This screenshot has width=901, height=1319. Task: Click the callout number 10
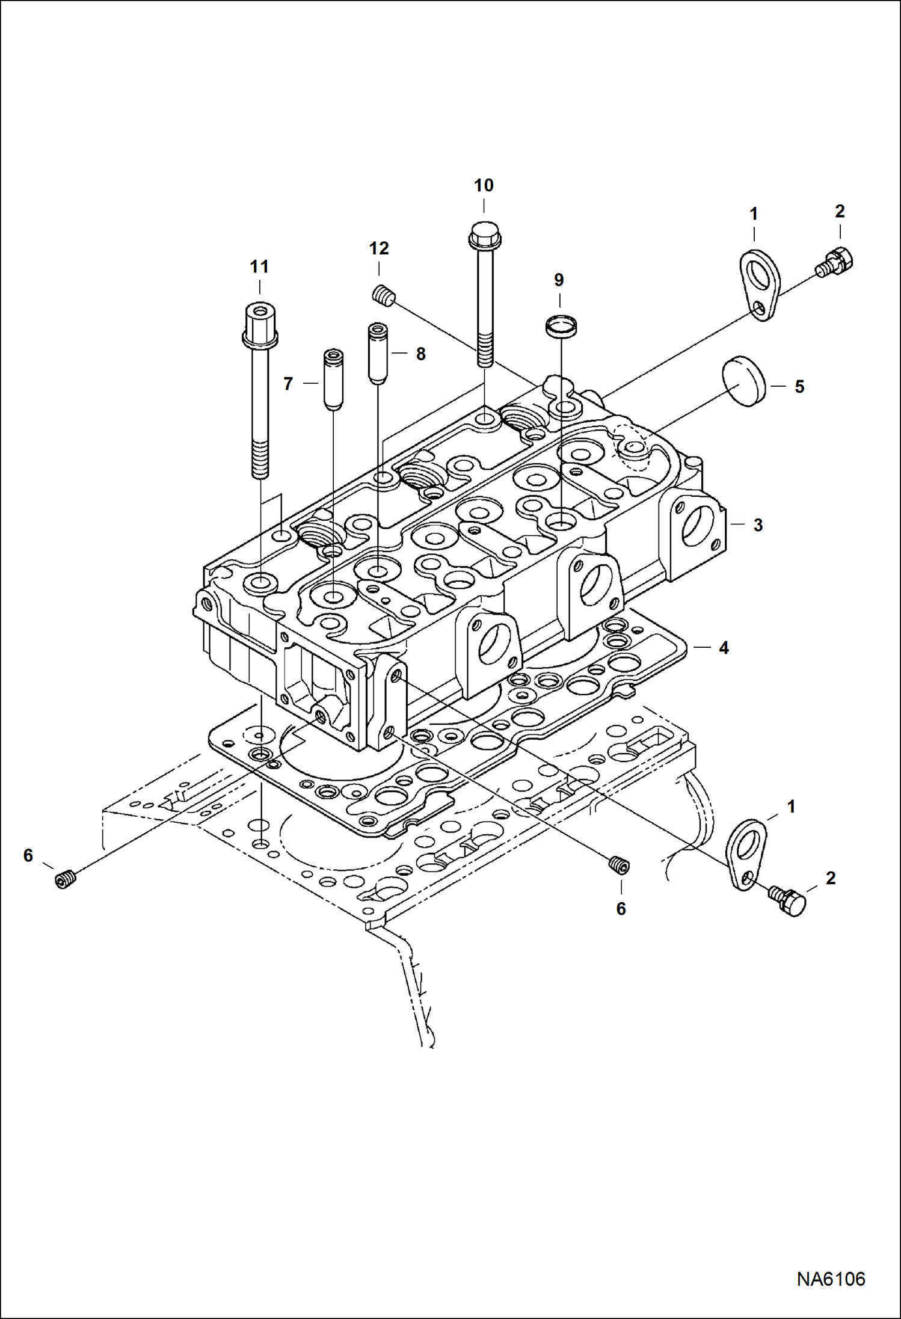(x=484, y=186)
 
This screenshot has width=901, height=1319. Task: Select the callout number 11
(x=259, y=267)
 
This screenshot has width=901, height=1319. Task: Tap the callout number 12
(x=379, y=249)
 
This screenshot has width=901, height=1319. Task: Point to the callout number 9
(x=559, y=280)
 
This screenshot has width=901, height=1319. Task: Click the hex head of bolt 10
(x=484, y=235)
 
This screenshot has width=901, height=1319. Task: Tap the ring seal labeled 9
(x=561, y=327)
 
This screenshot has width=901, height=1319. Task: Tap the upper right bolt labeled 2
(x=837, y=262)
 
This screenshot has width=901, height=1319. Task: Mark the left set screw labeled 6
(x=64, y=880)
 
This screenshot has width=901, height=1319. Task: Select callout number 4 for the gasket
(x=724, y=648)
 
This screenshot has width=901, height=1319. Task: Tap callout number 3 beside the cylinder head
(x=758, y=525)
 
